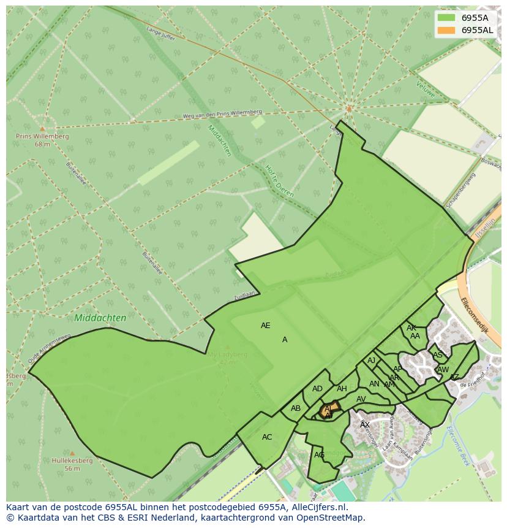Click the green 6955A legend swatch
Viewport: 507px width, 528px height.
coord(447,18)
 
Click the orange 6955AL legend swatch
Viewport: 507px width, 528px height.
coord(447,30)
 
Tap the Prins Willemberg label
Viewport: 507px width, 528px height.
coord(42,137)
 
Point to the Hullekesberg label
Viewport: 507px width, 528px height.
coord(72,461)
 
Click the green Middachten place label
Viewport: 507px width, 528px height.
coord(100,318)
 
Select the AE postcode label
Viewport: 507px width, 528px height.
coord(265,326)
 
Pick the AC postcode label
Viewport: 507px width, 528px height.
coord(267,437)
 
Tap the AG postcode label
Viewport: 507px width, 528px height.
coord(319,455)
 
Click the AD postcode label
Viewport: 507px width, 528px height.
coord(317,389)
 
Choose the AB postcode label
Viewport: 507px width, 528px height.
coord(296,408)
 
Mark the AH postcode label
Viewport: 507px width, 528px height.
coord(342,389)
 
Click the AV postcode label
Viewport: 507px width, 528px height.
coord(361,399)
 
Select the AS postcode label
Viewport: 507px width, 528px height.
coord(437,355)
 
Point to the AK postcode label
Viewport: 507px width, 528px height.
coord(411,328)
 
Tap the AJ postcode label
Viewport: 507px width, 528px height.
coord(371,361)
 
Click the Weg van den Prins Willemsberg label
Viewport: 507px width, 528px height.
coord(222,115)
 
